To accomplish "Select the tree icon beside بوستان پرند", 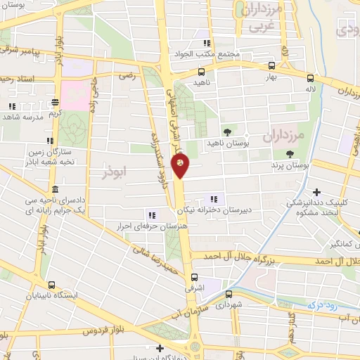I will [289, 154].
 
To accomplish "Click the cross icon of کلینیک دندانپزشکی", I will [317, 192].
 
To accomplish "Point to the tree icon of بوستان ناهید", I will [226, 131].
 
